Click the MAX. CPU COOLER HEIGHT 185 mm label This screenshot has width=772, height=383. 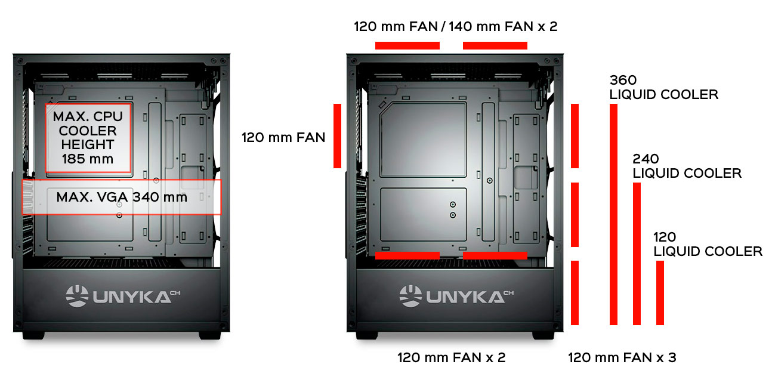88,138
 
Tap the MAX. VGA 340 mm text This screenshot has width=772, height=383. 122,197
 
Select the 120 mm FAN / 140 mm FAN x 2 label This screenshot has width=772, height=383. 456,26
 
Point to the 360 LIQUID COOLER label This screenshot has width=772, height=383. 664,87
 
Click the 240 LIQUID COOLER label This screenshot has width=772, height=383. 687,166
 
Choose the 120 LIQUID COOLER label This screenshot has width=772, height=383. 708,244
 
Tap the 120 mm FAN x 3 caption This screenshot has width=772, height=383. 622,357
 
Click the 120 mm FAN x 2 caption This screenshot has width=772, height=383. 452,357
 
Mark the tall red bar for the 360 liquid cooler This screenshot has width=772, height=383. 613,214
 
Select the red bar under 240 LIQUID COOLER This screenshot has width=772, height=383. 637,254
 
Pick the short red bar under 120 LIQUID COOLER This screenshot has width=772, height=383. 660,293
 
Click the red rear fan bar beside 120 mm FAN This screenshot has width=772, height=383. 338,136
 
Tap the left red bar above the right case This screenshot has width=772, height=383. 407,45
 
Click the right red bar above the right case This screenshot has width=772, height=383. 495,45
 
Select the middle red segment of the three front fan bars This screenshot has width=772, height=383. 575,215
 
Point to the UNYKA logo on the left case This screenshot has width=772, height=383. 123,296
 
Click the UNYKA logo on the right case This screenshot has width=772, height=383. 456,296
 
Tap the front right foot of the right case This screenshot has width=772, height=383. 543,336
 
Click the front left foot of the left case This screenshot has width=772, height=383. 33,336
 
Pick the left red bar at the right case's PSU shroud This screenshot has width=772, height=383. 407,255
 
